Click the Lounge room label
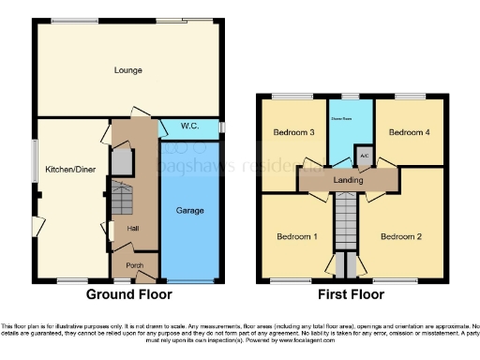127,69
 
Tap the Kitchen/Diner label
67,170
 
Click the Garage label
189,211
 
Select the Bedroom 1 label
296,236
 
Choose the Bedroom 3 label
292,132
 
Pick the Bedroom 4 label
408,132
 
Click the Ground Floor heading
128,293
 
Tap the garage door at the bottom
189,281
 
